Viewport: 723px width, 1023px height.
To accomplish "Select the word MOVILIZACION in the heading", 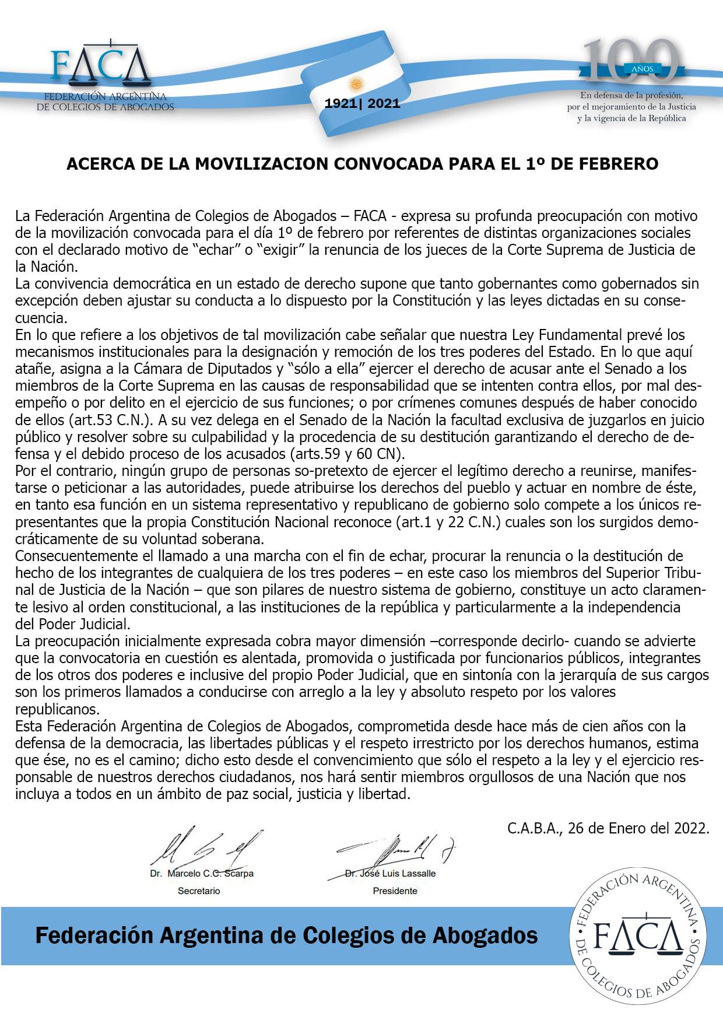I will click(260, 164).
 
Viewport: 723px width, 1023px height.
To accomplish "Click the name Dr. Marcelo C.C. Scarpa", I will click(202, 874).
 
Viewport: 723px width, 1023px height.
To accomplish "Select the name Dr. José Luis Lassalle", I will click(390, 874).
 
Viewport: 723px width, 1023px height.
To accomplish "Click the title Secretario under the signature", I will click(199, 891).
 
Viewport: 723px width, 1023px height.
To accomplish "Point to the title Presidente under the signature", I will click(395, 891).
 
